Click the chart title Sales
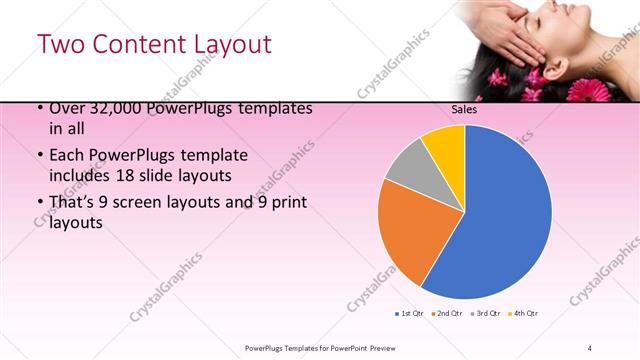pos(464,109)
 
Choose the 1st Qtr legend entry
pos(409,314)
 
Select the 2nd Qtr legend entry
pos(446,314)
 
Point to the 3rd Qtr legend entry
pos(485,314)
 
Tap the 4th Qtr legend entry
pos(523,314)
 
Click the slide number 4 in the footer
pos(590,347)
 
